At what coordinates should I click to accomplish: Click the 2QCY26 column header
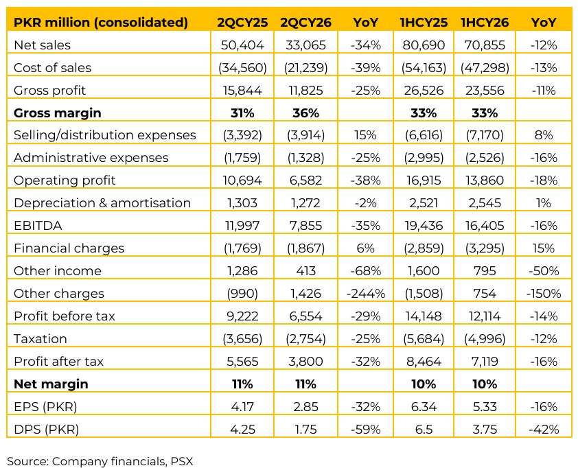(305, 23)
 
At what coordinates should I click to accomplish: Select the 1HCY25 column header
(424, 23)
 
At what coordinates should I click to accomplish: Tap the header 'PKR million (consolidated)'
(101, 23)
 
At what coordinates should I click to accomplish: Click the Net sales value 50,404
(242, 45)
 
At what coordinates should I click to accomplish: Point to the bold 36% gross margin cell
(305, 113)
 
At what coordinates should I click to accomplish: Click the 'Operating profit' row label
(65, 180)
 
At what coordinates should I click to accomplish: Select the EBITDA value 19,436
(424, 226)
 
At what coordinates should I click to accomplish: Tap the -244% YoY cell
(366, 293)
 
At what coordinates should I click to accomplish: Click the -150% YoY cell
(544, 293)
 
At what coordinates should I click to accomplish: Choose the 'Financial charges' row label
(69, 248)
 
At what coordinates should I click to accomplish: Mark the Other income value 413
(305, 271)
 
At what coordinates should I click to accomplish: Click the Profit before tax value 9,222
(242, 316)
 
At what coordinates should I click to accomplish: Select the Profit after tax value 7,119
(485, 361)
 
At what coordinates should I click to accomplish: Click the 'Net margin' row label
(51, 384)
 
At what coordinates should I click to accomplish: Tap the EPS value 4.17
(242, 406)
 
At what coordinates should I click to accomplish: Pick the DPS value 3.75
(485, 430)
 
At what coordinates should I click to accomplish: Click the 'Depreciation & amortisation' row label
(102, 203)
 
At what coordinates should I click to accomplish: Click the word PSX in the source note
(182, 461)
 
